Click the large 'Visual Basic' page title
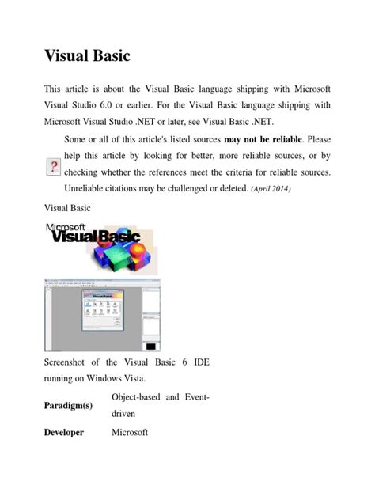click(x=86, y=58)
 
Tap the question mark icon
click(x=52, y=167)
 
